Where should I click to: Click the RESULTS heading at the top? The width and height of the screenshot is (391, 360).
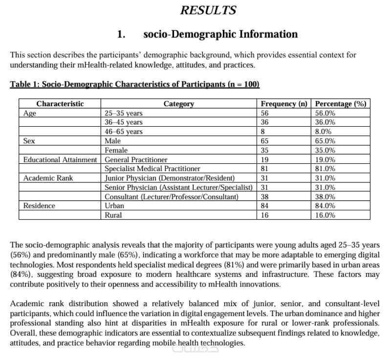point(208,10)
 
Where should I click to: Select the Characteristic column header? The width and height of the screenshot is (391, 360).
point(60,104)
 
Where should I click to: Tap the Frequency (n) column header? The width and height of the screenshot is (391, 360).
point(284,104)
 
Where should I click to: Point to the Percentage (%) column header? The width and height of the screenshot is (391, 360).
point(341,104)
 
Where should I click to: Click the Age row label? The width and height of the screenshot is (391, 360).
point(30,113)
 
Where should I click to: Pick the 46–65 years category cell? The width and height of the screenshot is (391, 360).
point(124,132)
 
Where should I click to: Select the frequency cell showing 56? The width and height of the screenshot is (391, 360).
point(265,113)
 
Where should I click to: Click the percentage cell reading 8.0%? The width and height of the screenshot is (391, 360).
point(323,132)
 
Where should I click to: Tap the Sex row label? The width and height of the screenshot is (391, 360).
point(29,141)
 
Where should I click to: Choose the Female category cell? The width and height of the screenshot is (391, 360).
point(116,150)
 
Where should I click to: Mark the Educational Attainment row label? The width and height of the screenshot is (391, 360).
point(60,159)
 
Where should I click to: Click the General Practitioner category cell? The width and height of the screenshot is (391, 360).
point(136,159)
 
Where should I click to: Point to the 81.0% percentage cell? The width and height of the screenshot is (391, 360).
point(325,169)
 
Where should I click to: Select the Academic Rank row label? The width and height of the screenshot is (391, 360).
point(48,178)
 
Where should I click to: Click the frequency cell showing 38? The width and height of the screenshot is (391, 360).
point(265,197)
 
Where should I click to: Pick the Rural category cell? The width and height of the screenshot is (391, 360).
point(113,215)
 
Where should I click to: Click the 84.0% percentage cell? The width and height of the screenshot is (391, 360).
point(325,206)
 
